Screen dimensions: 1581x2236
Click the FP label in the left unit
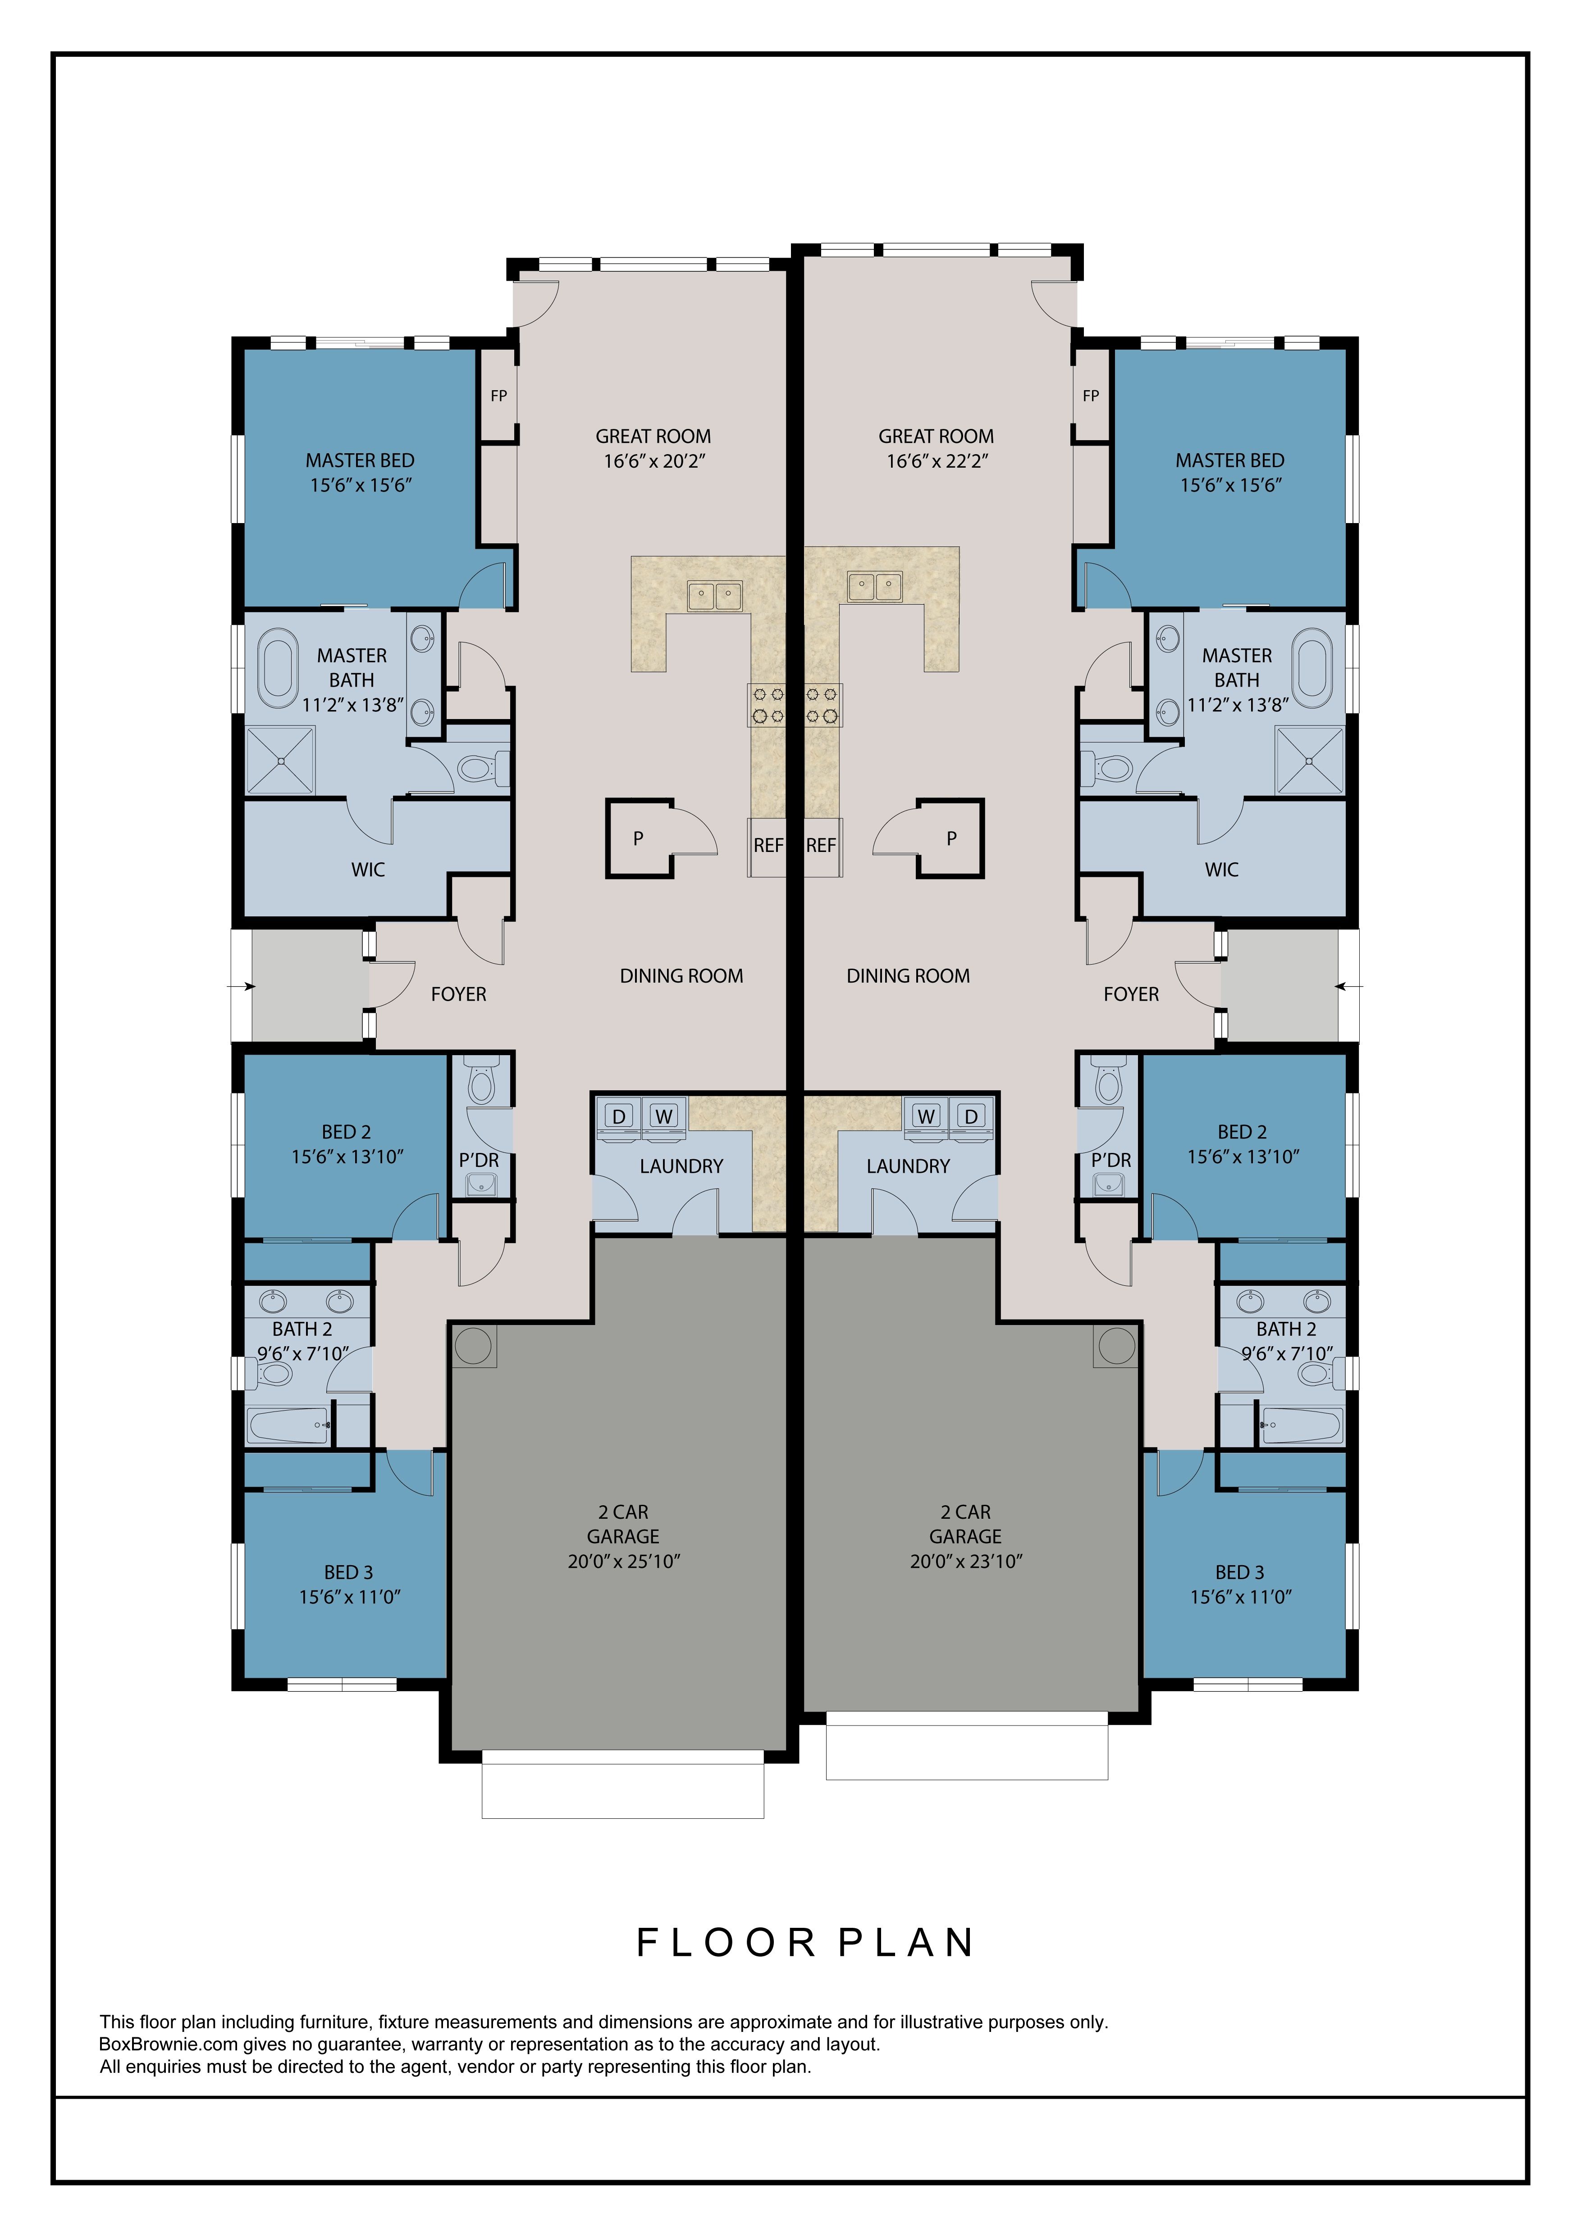(x=499, y=396)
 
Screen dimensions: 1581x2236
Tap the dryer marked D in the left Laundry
(x=620, y=1116)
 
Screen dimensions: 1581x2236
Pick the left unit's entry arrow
(x=242, y=987)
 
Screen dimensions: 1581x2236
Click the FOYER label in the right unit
(x=1131, y=994)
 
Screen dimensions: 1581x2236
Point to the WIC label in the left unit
(x=368, y=870)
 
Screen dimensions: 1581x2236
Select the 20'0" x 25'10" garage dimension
(x=623, y=1561)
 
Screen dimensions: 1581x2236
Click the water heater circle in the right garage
(x=1116, y=1346)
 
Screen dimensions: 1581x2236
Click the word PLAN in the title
(x=906, y=1943)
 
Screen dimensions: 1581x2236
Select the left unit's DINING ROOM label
(x=682, y=976)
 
